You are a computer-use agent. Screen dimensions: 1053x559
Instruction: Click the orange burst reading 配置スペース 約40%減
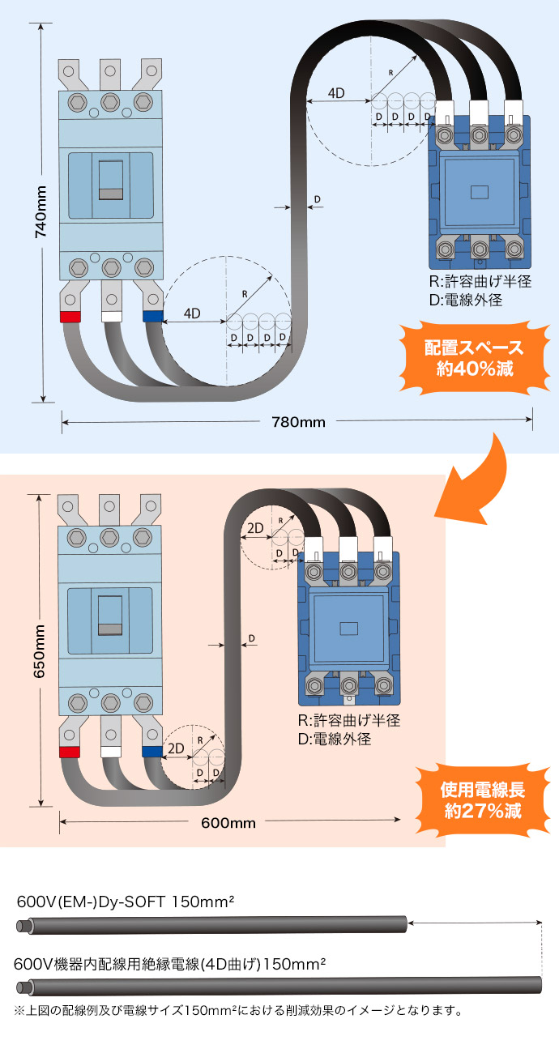pyautogui.click(x=474, y=358)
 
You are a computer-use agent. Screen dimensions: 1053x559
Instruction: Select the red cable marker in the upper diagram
pyautogui.click(x=71, y=317)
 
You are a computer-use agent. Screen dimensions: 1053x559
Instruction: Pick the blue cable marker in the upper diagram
pyautogui.click(x=152, y=316)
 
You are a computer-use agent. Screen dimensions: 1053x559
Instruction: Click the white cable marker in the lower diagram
pyautogui.click(x=111, y=752)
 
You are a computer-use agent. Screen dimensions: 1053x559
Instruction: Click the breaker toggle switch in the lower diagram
pyautogui.click(x=111, y=616)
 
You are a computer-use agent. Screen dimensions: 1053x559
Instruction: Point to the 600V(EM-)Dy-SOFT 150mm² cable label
pyautogui.click(x=126, y=902)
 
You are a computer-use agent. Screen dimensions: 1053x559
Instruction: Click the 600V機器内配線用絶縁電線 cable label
pyautogui.click(x=170, y=964)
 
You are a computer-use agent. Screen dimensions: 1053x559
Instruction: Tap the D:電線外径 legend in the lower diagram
pyautogui.click(x=335, y=739)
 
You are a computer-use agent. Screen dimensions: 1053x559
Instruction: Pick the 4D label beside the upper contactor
pyautogui.click(x=336, y=93)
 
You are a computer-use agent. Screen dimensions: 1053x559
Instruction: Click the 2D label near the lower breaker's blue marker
pyautogui.click(x=175, y=748)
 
